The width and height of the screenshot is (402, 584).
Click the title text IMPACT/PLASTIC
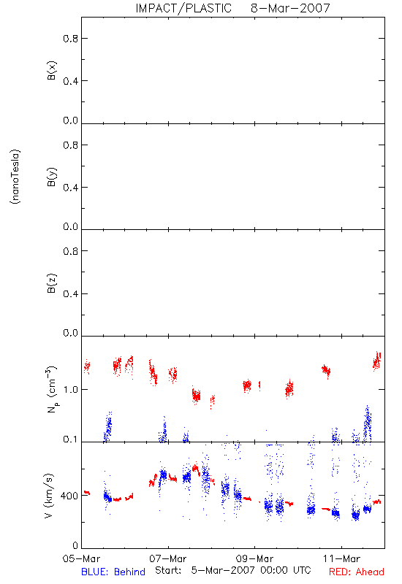tap(183, 8)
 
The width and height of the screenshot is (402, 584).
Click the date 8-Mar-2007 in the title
tap(290, 8)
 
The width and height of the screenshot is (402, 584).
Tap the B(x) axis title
tap(52, 70)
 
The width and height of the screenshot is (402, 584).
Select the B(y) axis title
tap(52, 177)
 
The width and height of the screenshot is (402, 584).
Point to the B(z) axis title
tap(52, 283)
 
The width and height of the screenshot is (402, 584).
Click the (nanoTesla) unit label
tap(15, 177)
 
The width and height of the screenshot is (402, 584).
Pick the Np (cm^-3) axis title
tap(52, 389)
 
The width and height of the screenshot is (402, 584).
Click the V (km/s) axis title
tap(49, 496)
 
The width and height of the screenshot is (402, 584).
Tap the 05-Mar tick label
tap(81, 558)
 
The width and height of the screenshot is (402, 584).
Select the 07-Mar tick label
tap(168, 558)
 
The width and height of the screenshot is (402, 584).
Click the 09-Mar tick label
tap(254, 558)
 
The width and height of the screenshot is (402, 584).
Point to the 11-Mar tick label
tap(341, 558)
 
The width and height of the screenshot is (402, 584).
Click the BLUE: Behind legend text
tap(113, 572)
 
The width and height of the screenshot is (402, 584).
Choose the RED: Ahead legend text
tap(357, 572)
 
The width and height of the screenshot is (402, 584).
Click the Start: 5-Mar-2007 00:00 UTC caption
tap(233, 570)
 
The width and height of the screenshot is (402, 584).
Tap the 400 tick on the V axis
tap(69, 496)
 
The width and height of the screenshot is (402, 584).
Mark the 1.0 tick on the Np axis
tap(71, 390)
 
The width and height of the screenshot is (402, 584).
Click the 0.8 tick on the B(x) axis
tap(71, 39)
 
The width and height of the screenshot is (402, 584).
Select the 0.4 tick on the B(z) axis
tap(71, 294)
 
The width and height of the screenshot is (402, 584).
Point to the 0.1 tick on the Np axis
tap(71, 439)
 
